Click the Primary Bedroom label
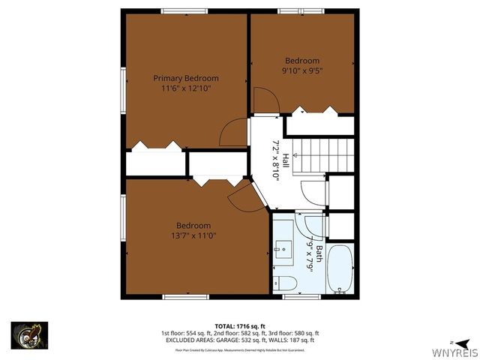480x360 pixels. pos(186,78)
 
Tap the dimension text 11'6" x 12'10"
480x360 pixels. pos(186,88)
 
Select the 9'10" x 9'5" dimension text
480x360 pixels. pos(302,71)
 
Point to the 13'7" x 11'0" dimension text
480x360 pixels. pos(193,236)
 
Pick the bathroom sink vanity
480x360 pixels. pos(283,247)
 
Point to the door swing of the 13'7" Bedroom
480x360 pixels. pos(244,198)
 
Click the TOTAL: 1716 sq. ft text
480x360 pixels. pos(240,326)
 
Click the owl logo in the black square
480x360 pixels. pos(29,334)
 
